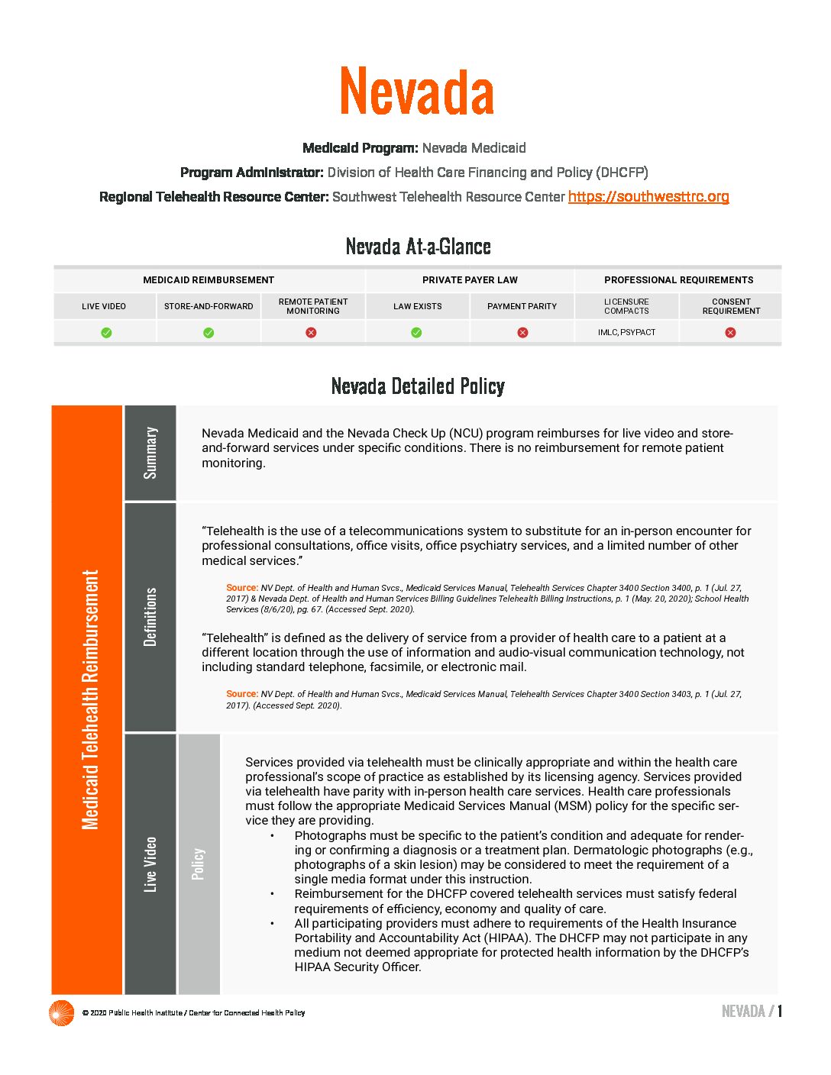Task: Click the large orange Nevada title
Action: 417,92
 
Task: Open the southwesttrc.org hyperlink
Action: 648,196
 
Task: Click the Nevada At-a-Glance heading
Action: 418,247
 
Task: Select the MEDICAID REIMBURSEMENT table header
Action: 209,280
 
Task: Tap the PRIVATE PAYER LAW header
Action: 470,280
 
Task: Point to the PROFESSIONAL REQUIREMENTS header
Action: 678,280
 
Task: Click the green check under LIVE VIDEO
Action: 106,332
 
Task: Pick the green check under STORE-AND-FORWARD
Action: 209,332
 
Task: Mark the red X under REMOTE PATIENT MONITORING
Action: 311,332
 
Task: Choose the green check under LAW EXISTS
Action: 416,332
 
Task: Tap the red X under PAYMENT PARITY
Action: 522,332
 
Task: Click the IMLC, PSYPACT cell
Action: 626,332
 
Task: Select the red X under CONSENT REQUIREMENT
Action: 730,332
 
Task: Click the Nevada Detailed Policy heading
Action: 418,386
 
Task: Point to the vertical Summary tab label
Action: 150,453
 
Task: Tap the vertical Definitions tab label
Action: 150,617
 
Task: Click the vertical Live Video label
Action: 150,864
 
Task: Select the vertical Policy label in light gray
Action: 199,864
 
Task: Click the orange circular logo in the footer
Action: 61,1012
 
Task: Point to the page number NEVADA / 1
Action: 752,1012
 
